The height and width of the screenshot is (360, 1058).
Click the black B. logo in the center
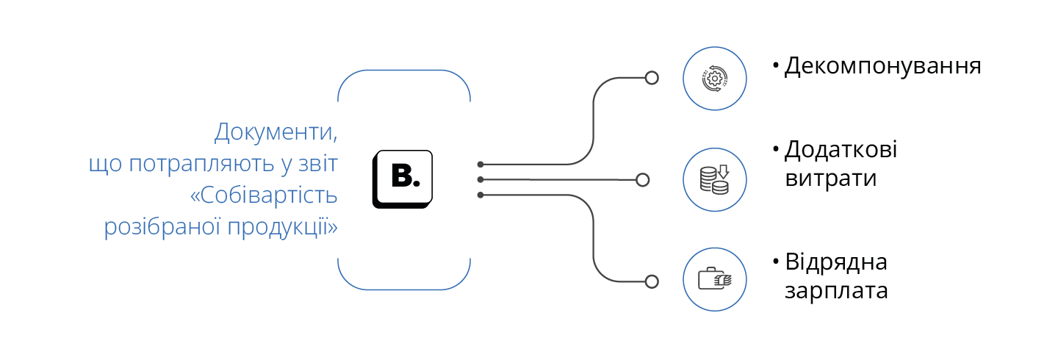click(403, 179)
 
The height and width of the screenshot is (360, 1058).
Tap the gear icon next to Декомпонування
click(714, 78)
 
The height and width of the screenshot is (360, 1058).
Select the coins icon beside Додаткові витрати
click(714, 179)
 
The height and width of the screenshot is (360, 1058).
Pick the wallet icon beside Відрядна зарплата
click(714, 281)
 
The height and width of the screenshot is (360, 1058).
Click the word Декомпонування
click(883, 66)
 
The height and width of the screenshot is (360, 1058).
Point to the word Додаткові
click(841, 150)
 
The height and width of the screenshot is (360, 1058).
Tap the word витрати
click(830, 178)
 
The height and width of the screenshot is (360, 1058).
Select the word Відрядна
click(836, 262)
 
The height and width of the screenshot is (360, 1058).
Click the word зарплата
click(836, 290)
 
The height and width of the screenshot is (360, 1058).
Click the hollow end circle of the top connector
click(651, 78)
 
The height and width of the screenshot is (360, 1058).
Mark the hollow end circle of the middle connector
click(642, 179)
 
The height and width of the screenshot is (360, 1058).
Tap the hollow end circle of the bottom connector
click(651, 281)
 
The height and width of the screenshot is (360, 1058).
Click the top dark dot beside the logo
click(481, 165)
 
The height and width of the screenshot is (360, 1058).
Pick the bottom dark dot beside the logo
click(481, 195)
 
